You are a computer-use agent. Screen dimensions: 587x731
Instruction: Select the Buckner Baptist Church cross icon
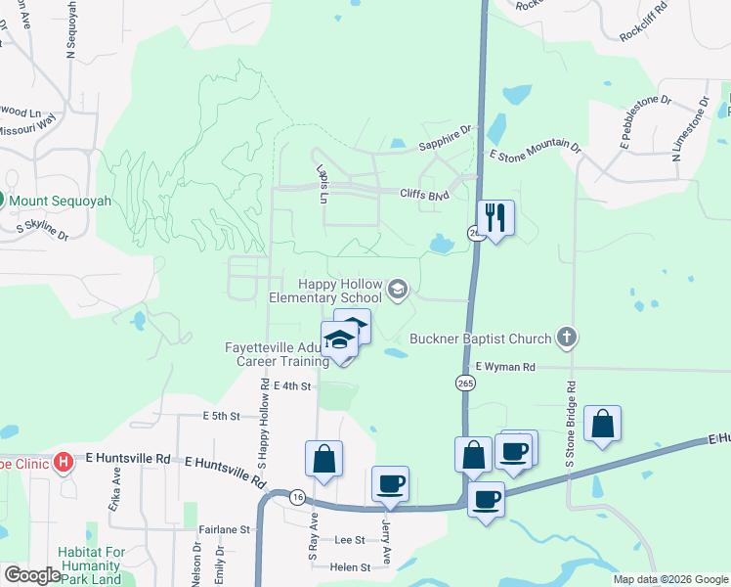click(565, 339)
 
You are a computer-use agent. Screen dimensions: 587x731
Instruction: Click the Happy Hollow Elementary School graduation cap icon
click(397, 289)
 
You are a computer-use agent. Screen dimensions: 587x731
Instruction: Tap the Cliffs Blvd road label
click(423, 194)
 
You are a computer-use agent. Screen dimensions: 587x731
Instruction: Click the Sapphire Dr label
click(445, 143)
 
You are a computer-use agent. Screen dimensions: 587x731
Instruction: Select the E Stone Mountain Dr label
click(535, 151)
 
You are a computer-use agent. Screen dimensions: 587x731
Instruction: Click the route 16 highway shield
click(295, 497)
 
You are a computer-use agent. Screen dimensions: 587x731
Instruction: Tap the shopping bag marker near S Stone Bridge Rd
click(603, 424)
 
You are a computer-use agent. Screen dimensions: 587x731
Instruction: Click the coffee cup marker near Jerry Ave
click(391, 483)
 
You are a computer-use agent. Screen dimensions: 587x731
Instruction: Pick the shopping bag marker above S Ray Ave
click(323, 459)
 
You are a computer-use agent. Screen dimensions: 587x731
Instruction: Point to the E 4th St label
click(292, 386)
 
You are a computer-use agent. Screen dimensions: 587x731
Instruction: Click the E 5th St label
click(221, 416)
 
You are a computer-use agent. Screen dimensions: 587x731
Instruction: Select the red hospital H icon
click(64, 460)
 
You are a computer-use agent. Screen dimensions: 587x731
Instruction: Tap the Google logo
click(32, 575)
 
